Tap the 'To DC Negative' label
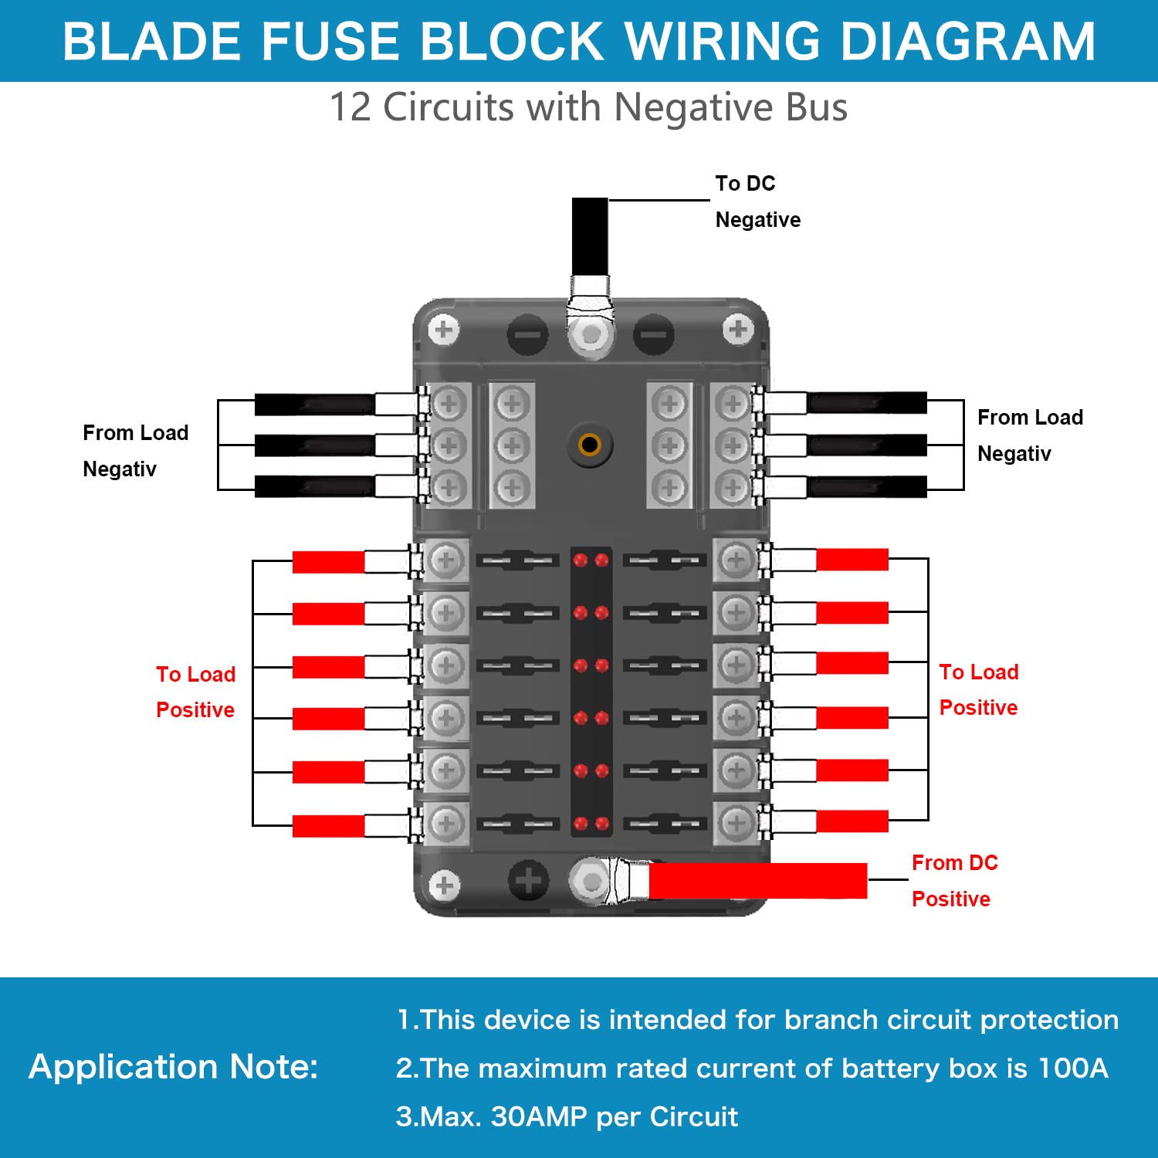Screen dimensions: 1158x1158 (x=757, y=201)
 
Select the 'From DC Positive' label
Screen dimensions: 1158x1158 (x=954, y=881)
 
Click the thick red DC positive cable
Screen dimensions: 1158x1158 (x=757, y=881)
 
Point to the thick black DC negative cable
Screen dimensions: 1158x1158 (x=590, y=235)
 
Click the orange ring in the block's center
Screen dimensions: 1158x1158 (x=590, y=445)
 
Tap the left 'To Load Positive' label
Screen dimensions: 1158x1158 (x=195, y=692)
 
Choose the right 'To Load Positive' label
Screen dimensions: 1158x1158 (x=978, y=689)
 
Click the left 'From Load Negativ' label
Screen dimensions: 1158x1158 (x=135, y=451)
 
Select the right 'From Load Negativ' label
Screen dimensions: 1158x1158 (x=1029, y=435)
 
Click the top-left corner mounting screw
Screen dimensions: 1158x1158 (x=443, y=330)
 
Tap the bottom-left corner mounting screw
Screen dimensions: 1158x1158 (x=444, y=885)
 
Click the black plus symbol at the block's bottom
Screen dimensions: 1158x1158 (x=528, y=880)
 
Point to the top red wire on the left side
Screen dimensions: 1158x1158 (x=328, y=562)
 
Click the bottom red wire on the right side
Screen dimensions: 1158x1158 (x=852, y=821)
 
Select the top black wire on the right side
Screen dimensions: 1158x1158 (x=866, y=402)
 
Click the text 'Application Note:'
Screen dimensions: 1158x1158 (x=173, y=1067)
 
